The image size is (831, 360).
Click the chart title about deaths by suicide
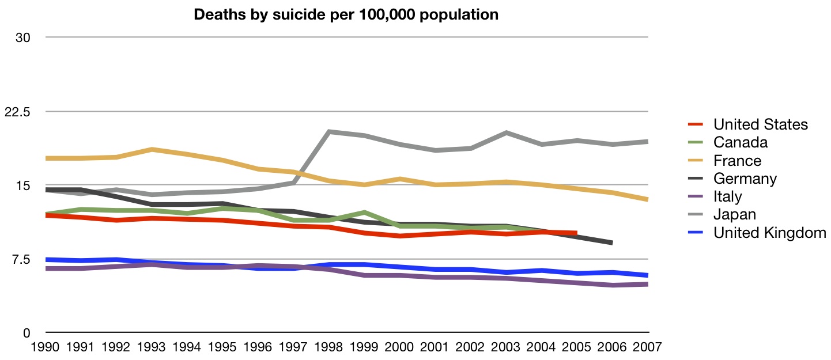(x=346, y=15)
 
